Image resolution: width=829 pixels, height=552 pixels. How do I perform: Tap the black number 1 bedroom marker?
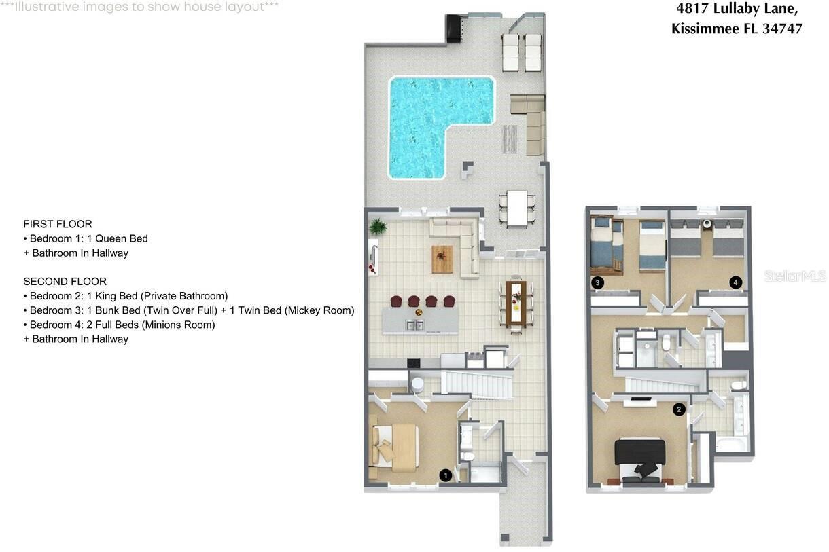tap(445, 475)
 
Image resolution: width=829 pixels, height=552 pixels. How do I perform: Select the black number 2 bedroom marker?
tap(678, 409)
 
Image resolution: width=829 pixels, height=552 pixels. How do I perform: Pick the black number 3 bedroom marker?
tap(597, 282)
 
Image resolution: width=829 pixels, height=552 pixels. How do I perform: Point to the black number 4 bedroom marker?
tap(735, 282)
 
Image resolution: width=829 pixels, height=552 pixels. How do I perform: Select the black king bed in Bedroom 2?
tap(640, 458)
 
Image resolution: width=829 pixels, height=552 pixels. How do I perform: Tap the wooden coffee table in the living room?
tap(442, 259)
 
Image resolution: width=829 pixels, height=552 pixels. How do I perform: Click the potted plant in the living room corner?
tap(378, 226)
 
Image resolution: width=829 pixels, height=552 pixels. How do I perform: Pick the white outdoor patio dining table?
tap(517, 208)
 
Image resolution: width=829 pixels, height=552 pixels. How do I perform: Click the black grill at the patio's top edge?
tap(453, 29)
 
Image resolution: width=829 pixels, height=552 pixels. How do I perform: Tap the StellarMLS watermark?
tap(795, 276)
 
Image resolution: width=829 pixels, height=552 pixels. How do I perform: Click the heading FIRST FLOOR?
tap(58, 224)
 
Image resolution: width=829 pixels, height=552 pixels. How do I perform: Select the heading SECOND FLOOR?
tap(65, 281)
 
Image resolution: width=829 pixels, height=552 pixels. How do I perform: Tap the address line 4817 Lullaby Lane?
tap(736, 9)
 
